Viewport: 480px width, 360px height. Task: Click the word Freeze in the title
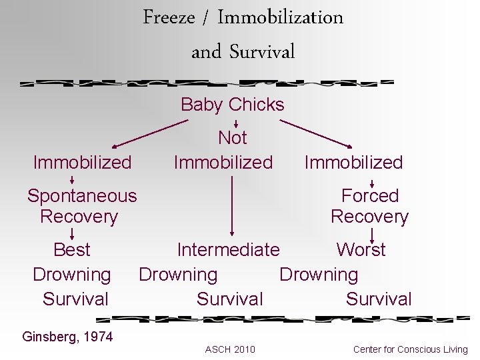(169, 17)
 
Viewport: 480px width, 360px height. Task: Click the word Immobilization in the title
(280, 17)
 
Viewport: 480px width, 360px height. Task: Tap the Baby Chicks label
(232, 105)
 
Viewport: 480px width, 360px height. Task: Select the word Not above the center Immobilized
(232, 138)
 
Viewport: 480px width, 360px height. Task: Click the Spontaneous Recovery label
(81, 206)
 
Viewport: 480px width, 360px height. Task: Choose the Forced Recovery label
(369, 206)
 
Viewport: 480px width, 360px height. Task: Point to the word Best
(71, 250)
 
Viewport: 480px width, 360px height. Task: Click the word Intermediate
(228, 250)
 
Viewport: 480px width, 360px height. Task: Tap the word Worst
(361, 250)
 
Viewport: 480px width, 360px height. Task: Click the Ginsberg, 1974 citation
(67, 337)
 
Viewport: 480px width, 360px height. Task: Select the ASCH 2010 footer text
(229, 349)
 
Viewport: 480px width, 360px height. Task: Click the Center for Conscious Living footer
(410, 349)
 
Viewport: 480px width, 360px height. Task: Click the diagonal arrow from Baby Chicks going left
(150, 133)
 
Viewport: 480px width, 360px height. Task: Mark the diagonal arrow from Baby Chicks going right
(316, 133)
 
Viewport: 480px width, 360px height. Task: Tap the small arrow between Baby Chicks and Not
(236, 123)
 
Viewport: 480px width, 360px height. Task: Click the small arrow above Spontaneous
(72, 179)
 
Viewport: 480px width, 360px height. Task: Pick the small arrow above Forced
(372, 182)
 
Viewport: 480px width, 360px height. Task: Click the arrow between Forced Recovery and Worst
(372, 234)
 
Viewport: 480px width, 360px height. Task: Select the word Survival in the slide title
(262, 52)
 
